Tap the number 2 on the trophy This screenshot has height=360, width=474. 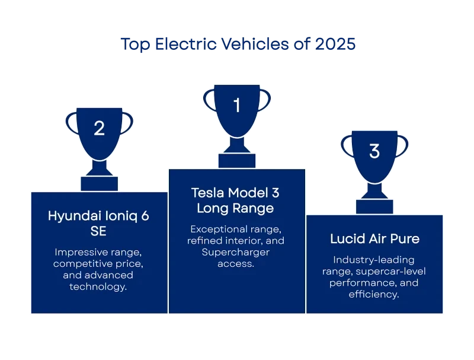click(99, 128)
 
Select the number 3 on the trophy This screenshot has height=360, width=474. click(374, 151)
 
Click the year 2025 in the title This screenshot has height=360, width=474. click(335, 44)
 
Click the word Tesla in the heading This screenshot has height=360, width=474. click(206, 193)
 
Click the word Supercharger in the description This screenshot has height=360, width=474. click(235, 252)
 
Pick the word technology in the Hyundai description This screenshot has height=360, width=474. click(98, 286)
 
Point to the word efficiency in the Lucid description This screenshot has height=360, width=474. click(374, 294)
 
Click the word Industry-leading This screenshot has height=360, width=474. click(374, 260)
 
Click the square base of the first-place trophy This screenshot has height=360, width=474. click(237, 161)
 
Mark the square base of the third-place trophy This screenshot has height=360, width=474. click(374, 206)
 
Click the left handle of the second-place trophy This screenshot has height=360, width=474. click(70, 123)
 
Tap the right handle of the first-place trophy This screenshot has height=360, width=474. click(265, 99)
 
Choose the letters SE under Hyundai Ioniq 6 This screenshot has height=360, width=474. click(98, 231)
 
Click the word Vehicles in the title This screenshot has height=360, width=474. click(255, 44)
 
